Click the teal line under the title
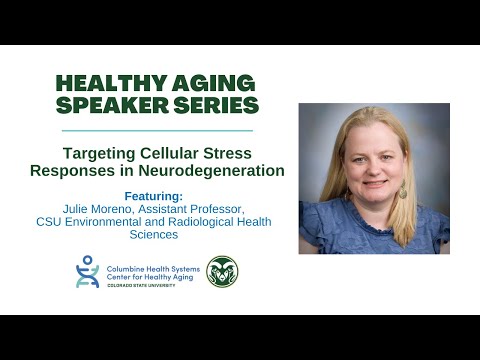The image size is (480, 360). [x=157, y=130]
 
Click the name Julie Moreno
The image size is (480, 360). [x=97, y=208]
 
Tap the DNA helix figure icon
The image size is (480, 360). [x=88, y=271]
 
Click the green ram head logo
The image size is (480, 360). [x=222, y=271]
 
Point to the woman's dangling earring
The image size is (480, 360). [x=404, y=190]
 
